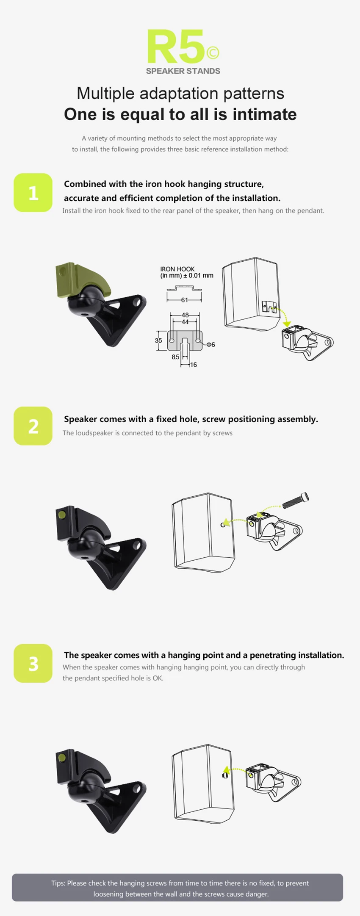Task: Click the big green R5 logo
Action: pyautogui.click(x=177, y=47)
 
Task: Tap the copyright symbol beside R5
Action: pyautogui.click(x=213, y=53)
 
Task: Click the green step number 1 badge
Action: pyautogui.click(x=33, y=193)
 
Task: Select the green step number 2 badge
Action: pyautogui.click(x=33, y=426)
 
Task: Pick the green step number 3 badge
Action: pyautogui.click(x=33, y=664)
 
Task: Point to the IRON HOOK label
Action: pyautogui.click(x=177, y=269)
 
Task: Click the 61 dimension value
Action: pyautogui.click(x=185, y=300)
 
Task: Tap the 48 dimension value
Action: pyautogui.click(x=185, y=315)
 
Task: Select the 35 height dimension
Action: pyautogui.click(x=158, y=340)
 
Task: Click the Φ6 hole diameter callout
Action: pyautogui.click(x=211, y=345)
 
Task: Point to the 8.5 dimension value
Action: pyautogui.click(x=175, y=357)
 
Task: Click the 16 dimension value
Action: pyautogui.click(x=194, y=365)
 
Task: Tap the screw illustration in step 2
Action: pyautogui.click(x=295, y=500)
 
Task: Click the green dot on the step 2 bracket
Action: pyautogui.click(x=62, y=515)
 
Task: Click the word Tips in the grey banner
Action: pyautogui.click(x=58, y=883)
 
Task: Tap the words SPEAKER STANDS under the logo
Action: pyautogui.click(x=183, y=71)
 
